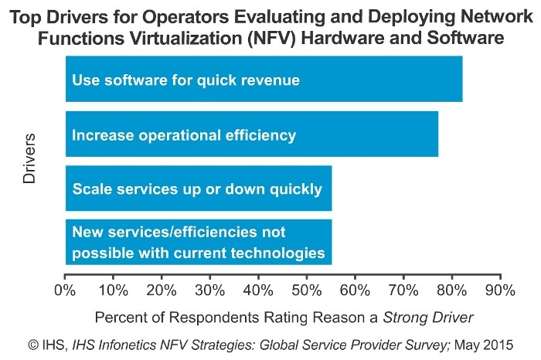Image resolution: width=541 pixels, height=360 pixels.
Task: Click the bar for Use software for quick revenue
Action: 264,79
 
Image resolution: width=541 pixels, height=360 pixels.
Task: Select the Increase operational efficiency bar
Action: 251,134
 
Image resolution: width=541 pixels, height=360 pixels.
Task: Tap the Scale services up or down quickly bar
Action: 199,188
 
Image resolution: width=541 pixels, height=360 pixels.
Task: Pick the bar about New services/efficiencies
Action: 199,243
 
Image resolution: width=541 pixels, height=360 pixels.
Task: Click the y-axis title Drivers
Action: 29,159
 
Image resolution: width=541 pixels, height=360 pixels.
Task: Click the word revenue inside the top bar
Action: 271,80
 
